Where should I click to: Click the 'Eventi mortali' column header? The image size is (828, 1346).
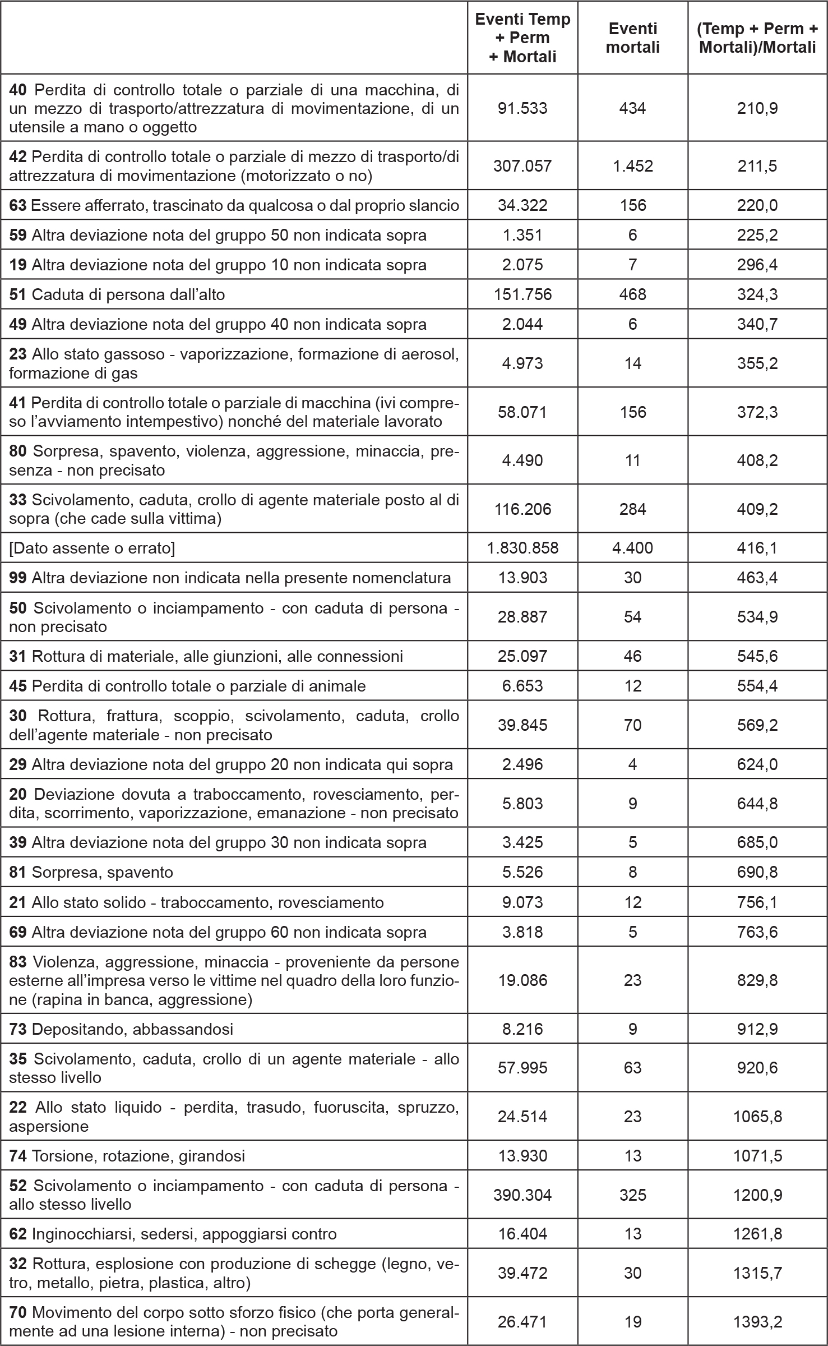click(632, 38)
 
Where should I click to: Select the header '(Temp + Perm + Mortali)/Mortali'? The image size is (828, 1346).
click(757, 38)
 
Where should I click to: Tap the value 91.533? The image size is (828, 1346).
click(522, 108)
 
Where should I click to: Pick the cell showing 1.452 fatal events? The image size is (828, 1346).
click(632, 166)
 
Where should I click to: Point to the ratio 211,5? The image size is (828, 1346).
click(757, 166)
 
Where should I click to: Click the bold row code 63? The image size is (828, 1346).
click(18, 205)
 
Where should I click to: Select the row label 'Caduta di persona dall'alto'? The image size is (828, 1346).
click(128, 294)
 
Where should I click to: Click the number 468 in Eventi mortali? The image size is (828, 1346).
click(632, 294)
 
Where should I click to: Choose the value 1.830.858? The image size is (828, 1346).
click(522, 548)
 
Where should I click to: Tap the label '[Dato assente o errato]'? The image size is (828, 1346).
click(92, 548)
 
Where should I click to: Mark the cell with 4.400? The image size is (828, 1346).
click(632, 548)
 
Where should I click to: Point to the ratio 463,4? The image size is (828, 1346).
click(757, 578)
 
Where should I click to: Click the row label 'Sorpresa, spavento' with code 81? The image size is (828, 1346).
click(103, 872)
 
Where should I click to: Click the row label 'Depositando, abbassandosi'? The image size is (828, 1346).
click(132, 1029)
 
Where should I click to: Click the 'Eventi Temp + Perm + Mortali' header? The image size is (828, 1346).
click(522, 38)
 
